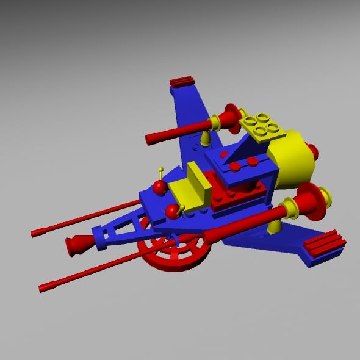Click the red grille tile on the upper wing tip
(181, 81)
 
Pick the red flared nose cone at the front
(78, 244)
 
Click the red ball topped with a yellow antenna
(160, 187)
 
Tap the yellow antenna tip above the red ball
(161, 169)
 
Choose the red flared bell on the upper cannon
(231, 119)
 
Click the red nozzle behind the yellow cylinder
(313, 153)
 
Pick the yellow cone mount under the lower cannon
(274, 226)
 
